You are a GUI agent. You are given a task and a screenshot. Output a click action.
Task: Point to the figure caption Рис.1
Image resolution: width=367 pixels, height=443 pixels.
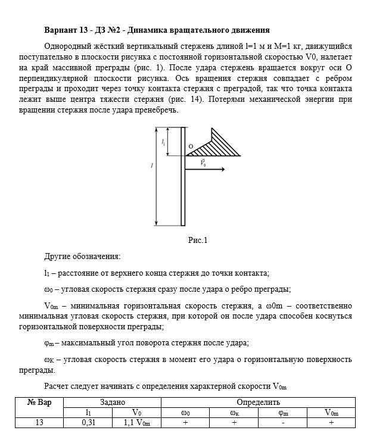[x=197, y=241]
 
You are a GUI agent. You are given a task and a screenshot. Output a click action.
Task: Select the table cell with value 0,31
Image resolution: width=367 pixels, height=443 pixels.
[x=88, y=423]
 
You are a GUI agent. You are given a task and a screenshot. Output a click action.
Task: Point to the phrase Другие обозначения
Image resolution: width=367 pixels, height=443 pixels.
[x=82, y=257]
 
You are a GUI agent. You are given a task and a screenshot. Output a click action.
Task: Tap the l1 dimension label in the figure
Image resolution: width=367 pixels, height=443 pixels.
[x=163, y=142]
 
